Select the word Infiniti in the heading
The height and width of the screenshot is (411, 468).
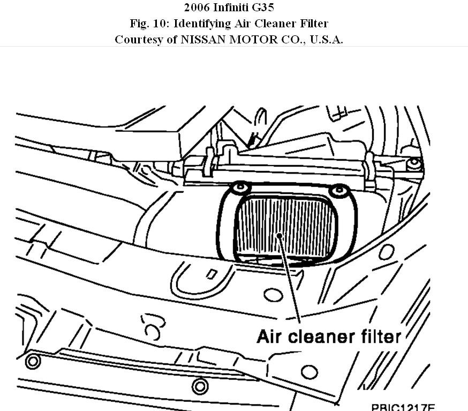235,8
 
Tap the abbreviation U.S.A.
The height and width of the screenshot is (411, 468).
325,40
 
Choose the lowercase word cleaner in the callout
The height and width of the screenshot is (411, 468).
322,337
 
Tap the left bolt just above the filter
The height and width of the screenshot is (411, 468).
240,188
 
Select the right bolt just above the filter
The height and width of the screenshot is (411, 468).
338,190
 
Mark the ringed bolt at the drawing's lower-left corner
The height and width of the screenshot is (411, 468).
33,361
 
